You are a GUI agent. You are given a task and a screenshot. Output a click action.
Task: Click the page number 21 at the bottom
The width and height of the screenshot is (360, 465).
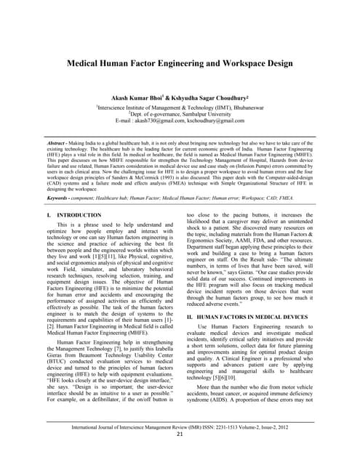[x=180, y=434]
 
